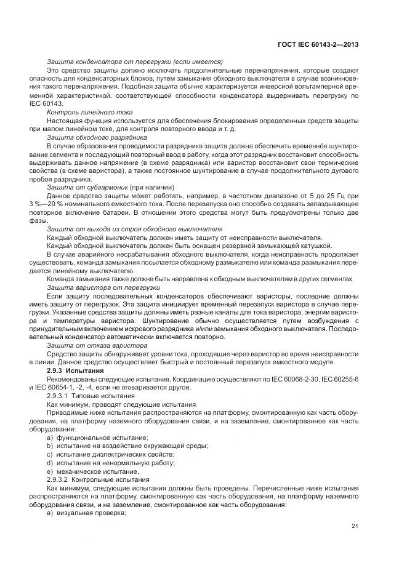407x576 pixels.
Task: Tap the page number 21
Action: pos(355,526)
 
